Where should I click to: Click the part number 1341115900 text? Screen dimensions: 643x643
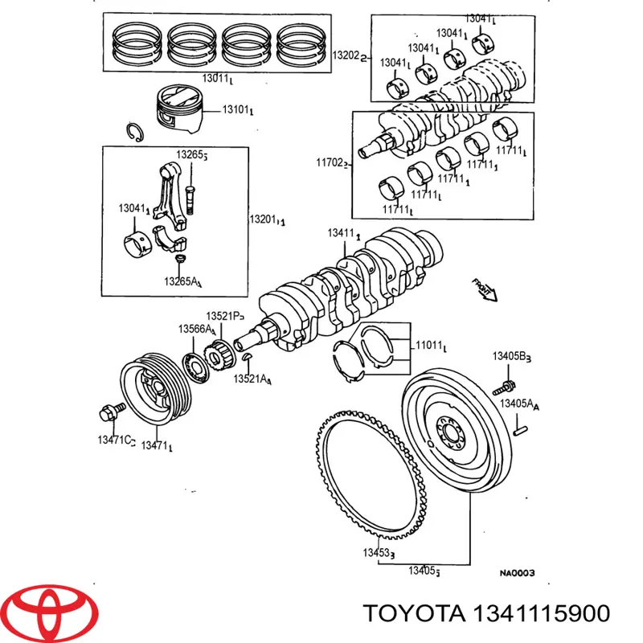coord(486,613)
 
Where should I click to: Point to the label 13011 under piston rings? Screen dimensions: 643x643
coord(218,78)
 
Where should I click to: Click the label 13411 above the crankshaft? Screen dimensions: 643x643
coord(343,233)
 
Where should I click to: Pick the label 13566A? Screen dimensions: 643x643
coord(196,330)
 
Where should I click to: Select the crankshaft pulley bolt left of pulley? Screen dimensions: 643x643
coord(109,412)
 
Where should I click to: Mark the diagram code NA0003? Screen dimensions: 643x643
coord(518,573)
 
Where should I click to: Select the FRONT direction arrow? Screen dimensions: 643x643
coord(485,290)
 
